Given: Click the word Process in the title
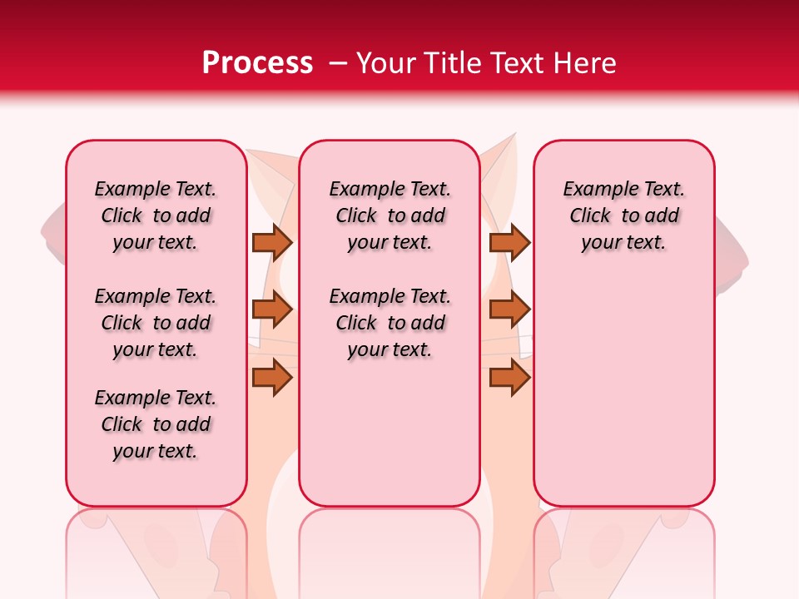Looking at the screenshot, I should [x=257, y=62].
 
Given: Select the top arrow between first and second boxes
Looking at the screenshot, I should [x=272, y=242].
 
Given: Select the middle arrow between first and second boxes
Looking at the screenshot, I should [x=272, y=309].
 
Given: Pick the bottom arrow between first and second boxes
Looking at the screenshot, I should [x=272, y=378].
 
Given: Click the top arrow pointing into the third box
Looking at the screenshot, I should [x=509, y=242].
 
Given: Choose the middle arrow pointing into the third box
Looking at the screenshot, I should [x=509, y=309].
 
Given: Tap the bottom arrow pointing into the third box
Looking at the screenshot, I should [x=509, y=378].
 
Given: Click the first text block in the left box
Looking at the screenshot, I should [x=156, y=215].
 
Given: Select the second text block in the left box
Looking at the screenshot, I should [x=156, y=323].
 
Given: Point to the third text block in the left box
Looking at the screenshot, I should [x=156, y=424].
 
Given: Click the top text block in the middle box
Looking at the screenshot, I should [x=390, y=215].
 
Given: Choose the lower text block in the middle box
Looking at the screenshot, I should [x=390, y=323].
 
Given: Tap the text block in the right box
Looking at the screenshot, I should [x=623, y=215].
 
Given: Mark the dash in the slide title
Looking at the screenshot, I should [x=337, y=63].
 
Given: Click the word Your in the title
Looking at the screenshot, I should [x=384, y=62].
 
